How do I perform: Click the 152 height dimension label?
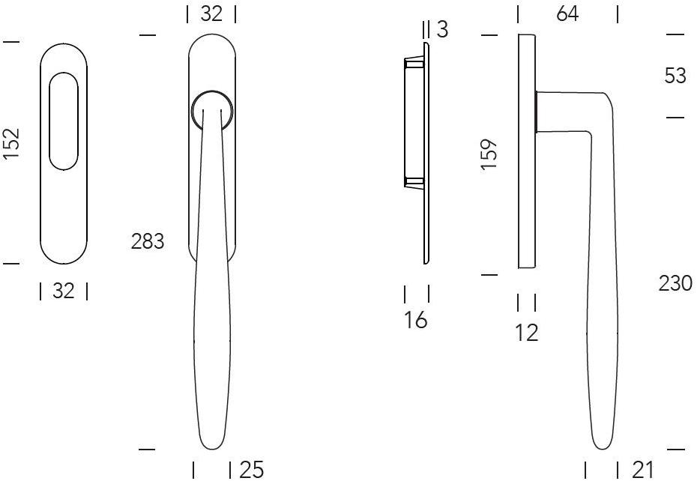click(11, 143)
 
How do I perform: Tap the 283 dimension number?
click(148, 241)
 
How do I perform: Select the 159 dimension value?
click(489, 154)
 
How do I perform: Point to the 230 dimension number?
click(675, 283)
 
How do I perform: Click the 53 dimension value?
click(676, 76)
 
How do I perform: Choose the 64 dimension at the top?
click(567, 13)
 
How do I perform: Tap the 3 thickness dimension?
click(442, 29)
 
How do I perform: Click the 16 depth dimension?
click(416, 320)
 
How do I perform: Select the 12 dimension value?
click(527, 333)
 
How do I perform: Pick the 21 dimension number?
click(642, 470)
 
